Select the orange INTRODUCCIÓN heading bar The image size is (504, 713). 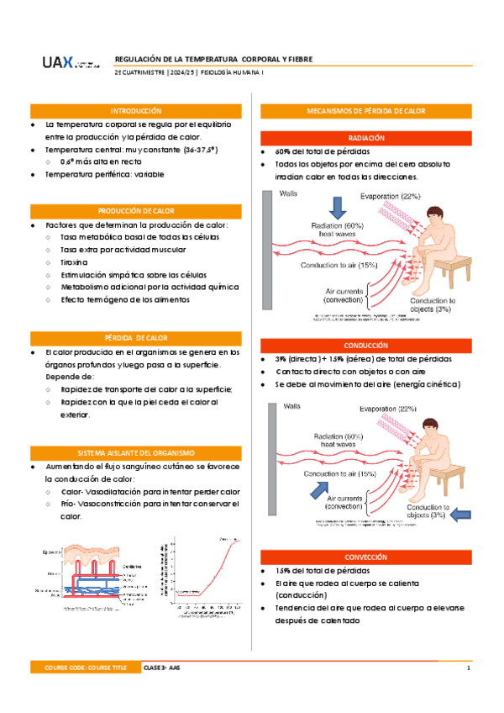point(135,111)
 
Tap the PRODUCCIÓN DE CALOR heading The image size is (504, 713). point(135,211)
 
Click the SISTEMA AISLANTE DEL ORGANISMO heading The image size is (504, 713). point(135,452)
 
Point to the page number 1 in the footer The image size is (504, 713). point(468,667)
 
